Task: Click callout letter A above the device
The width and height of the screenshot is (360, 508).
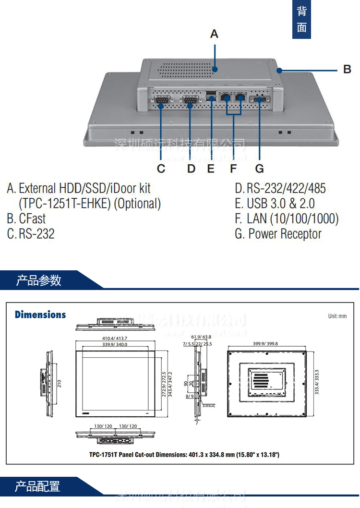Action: click(214, 34)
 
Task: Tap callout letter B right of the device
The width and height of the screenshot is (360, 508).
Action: click(347, 70)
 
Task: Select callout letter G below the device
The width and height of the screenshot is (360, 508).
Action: click(259, 169)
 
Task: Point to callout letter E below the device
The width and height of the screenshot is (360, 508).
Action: click(211, 169)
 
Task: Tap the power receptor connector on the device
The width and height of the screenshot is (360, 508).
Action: click(261, 99)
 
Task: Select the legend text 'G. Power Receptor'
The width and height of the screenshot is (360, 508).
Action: click(278, 234)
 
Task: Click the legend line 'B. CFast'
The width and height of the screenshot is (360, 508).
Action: click(26, 219)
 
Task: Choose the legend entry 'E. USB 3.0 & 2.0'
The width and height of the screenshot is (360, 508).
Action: click(275, 203)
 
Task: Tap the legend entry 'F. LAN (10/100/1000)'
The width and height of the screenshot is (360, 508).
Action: click(287, 219)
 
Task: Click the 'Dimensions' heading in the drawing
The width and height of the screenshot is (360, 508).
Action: click(40, 315)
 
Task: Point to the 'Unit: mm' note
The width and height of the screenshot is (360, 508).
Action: click(337, 316)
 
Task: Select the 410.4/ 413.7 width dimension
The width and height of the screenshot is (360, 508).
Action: click(114, 338)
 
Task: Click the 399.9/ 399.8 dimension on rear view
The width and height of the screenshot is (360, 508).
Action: click(265, 344)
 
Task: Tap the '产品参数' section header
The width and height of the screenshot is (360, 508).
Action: click(39, 280)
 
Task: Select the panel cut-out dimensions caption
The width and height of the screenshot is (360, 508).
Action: click(184, 454)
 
